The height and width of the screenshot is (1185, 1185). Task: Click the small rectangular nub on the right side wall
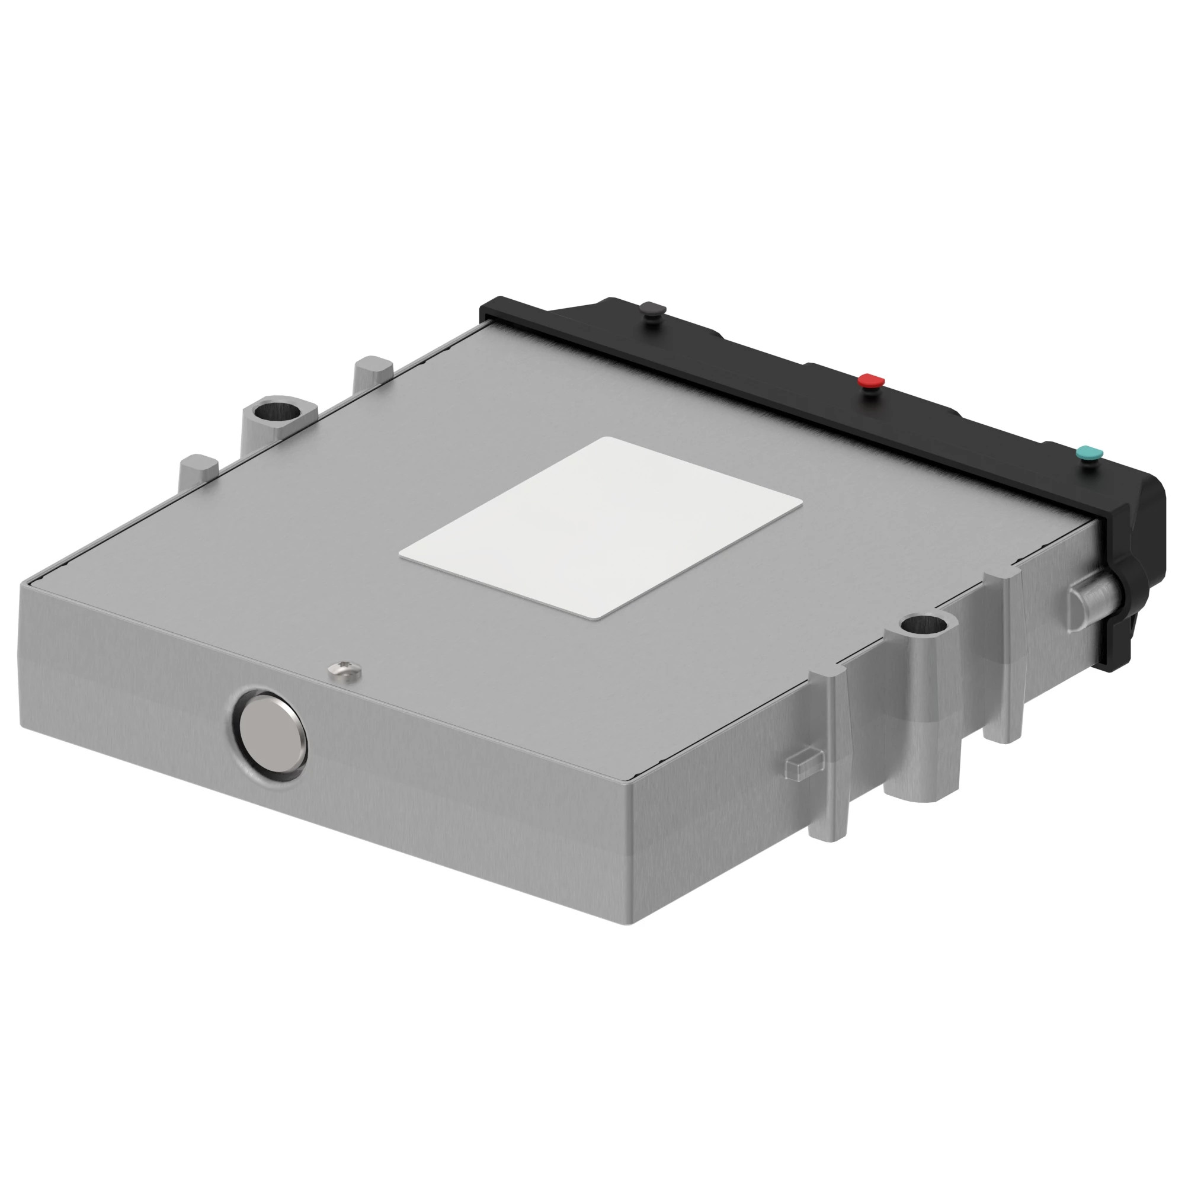[801, 764]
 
